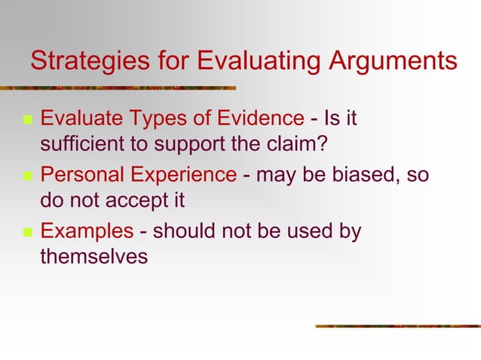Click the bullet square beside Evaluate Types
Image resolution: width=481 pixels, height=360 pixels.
pos(26,120)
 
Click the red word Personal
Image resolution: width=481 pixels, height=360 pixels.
pos(79,175)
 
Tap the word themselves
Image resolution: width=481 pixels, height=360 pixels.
pos(93,257)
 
